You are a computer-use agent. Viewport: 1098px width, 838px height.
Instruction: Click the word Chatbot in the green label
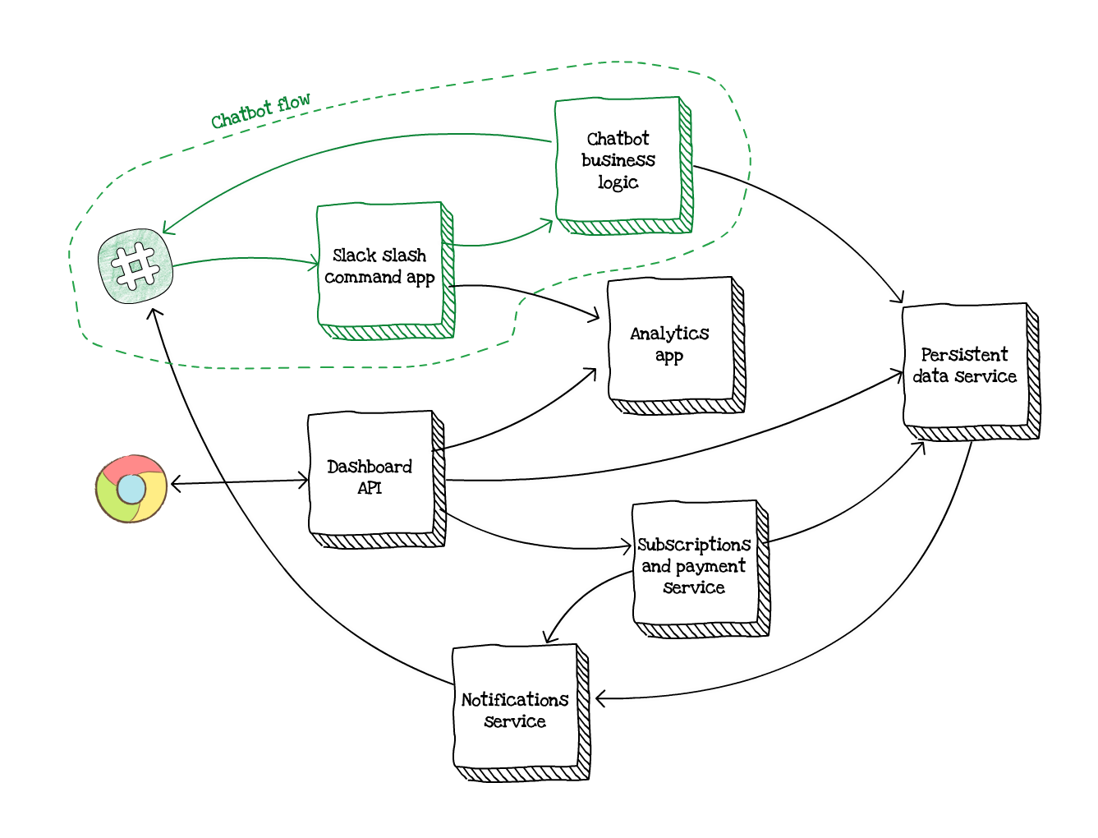click(x=241, y=115)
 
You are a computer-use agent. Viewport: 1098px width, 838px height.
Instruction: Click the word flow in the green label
click(x=294, y=104)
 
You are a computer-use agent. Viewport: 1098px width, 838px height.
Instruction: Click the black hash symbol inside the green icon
click(x=136, y=266)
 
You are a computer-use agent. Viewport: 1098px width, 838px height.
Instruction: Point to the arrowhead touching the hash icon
click(x=166, y=229)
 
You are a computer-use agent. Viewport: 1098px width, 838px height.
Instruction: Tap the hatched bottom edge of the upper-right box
click(x=624, y=227)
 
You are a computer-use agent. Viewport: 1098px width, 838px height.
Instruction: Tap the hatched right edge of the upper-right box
click(x=686, y=164)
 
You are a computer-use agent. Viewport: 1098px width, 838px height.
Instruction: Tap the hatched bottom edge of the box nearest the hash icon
click(x=386, y=332)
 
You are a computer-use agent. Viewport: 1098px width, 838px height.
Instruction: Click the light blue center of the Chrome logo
click(x=131, y=490)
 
